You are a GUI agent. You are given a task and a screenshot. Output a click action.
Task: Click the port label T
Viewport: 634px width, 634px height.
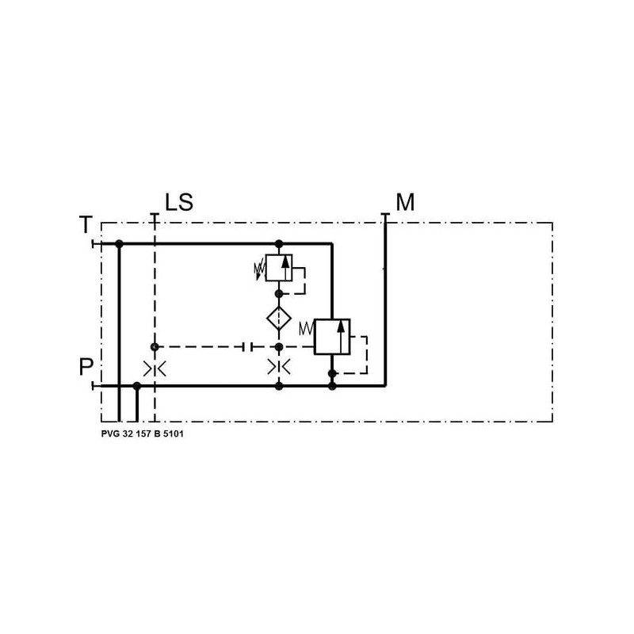point(86,225)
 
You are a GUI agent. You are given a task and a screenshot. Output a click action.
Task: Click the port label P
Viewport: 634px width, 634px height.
point(86,367)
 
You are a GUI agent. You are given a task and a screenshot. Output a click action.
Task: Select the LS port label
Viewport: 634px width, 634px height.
point(179,202)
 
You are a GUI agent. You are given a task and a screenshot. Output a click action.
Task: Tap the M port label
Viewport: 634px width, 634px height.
point(405,202)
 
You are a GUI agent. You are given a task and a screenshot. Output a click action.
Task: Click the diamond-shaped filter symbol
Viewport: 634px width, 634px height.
point(279,319)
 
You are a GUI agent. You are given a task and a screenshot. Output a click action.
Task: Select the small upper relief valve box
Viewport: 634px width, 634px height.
point(279,268)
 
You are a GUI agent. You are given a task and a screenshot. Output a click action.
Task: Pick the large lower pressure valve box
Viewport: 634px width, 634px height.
point(332,337)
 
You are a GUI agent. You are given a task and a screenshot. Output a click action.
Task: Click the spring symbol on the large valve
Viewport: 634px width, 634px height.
point(307,329)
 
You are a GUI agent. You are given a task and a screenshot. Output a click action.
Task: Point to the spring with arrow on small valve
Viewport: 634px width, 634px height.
point(259,271)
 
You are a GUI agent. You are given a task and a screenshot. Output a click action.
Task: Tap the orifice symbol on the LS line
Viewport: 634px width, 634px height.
point(155,369)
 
